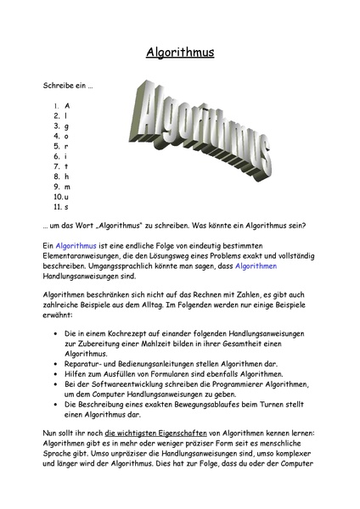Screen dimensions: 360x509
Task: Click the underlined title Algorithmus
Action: click(x=180, y=53)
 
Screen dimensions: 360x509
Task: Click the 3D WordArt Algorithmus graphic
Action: click(x=200, y=131)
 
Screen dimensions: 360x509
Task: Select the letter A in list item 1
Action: click(x=67, y=106)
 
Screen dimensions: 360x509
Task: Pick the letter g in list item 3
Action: click(x=66, y=126)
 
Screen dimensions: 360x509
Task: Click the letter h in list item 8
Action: click(x=66, y=176)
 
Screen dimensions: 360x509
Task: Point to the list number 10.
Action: click(x=58, y=197)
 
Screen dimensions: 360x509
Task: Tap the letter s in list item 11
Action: click(x=66, y=207)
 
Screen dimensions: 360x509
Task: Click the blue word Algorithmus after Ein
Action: click(x=76, y=246)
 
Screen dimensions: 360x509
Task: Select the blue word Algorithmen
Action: click(x=256, y=266)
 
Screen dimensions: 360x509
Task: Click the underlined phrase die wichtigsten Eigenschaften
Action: click(x=155, y=433)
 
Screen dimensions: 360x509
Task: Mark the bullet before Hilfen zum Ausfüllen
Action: click(x=56, y=374)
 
